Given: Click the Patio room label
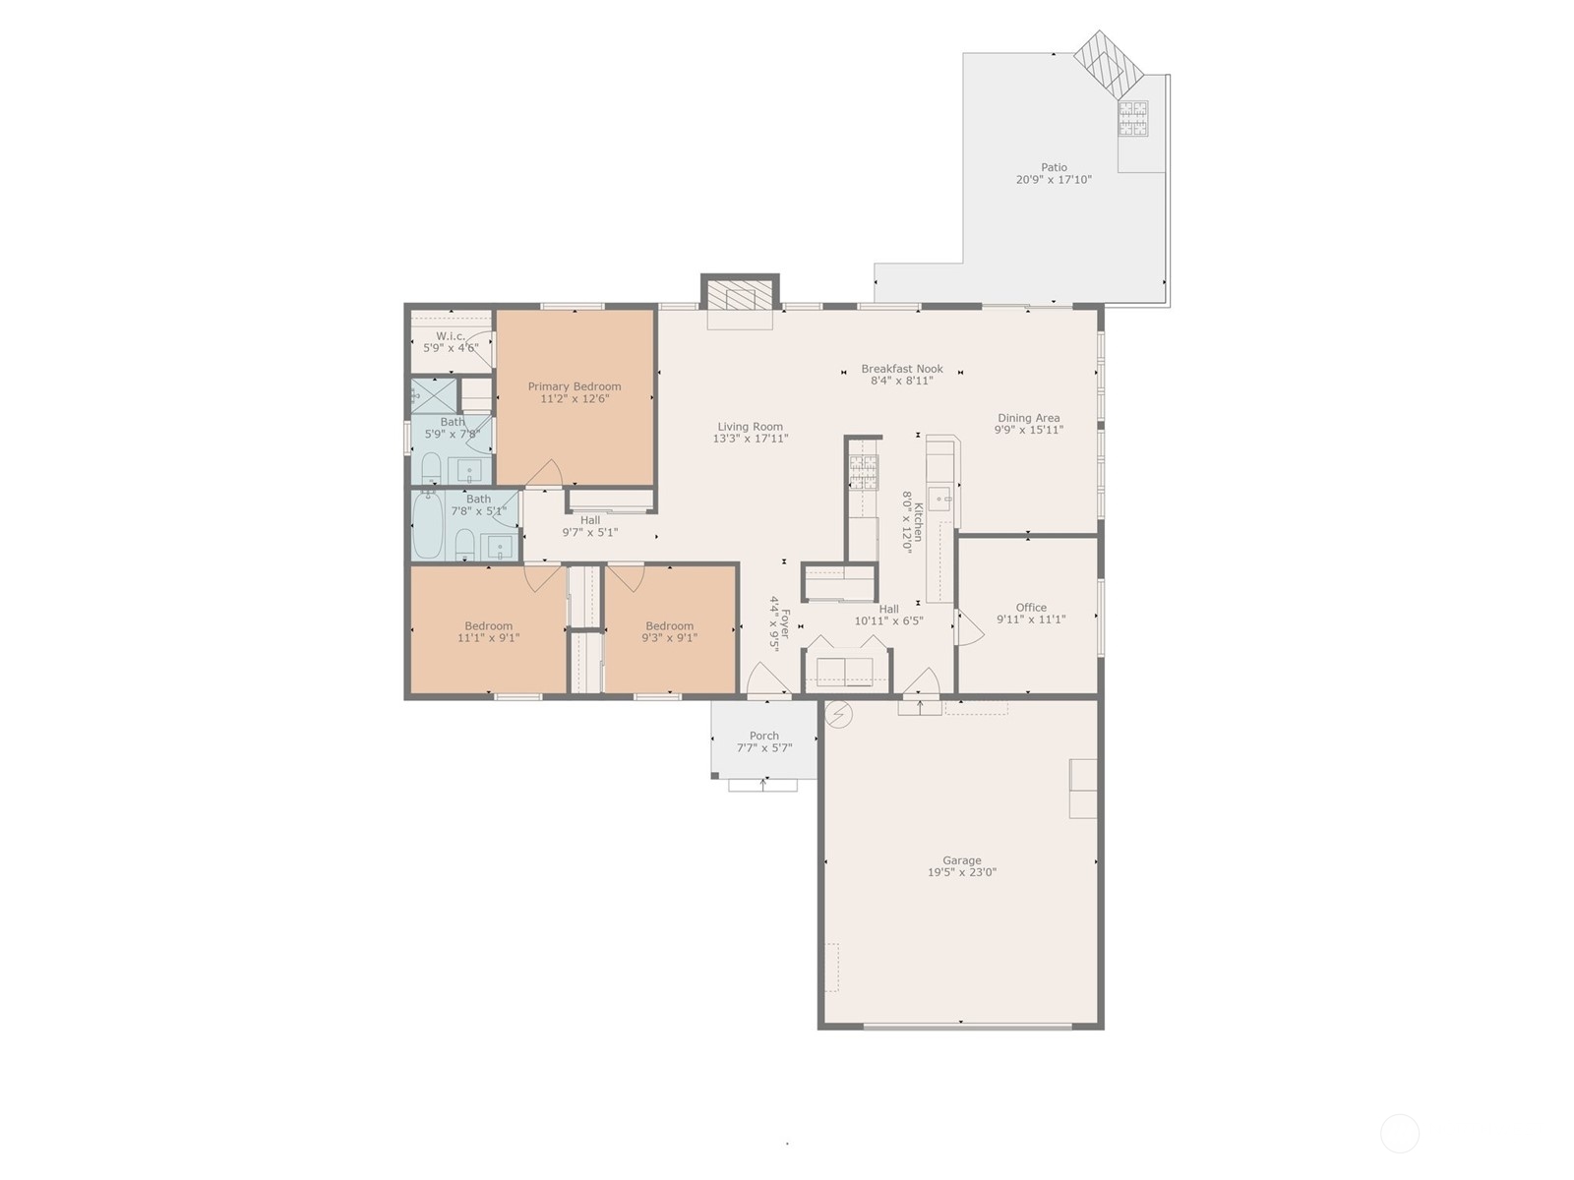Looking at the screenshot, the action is coord(1054,167).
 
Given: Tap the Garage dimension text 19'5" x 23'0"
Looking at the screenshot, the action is coord(961,872).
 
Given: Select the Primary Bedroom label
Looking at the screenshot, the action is coord(575,386).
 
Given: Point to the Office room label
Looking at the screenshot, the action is coord(1030,608).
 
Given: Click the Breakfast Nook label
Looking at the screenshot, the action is coord(902,369).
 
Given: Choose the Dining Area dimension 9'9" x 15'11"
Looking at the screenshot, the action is coord(1028,430).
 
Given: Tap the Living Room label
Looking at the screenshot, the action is coord(750,427).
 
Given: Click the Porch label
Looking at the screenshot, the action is coord(763,736).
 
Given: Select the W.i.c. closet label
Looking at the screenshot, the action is coord(451,336).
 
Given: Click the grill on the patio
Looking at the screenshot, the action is coord(1133,118).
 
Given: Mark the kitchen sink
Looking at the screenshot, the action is coord(938,499).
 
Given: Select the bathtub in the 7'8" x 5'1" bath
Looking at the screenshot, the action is coord(428,524).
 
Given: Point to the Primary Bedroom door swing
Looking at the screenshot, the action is coord(544,474).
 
